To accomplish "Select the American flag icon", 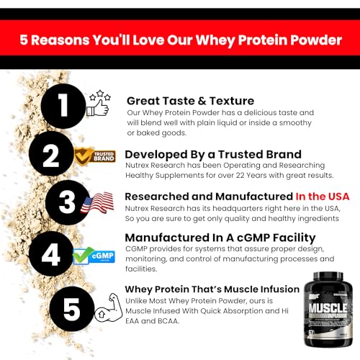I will [97, 202].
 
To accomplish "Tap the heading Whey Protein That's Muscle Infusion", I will [212, 289].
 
